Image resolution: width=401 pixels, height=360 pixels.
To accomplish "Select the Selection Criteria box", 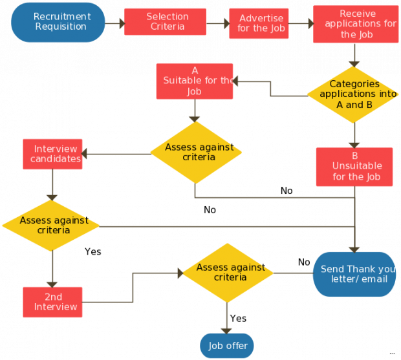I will pos(165,21).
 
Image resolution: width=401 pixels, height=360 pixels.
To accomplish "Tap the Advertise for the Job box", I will pos(259,23).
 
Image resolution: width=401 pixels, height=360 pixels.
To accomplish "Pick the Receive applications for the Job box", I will pos(355,25).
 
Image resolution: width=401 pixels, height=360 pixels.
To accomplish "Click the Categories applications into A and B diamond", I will pos(353,94).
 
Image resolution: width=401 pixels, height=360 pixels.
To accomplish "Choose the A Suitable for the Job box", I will pos(195,81).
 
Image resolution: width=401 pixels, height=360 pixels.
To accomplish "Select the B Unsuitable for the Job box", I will pos(354,167).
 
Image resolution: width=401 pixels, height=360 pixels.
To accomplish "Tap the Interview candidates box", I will pos(53,154).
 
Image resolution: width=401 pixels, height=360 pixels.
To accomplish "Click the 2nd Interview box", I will pos(52,301).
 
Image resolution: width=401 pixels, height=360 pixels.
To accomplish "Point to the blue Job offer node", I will pos(227,346).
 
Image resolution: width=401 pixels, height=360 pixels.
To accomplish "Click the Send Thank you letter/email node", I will pos(354,274).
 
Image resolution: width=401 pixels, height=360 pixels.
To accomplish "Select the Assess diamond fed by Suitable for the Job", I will pos(196,152).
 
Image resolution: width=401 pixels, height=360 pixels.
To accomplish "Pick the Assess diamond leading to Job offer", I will pos(228,272).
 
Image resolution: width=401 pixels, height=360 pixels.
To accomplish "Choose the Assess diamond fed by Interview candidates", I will pos(51,225).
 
